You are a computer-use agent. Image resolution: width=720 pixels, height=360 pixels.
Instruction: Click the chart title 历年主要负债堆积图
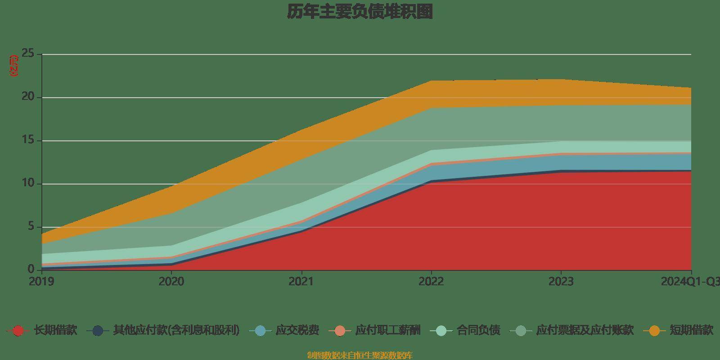[360, 12]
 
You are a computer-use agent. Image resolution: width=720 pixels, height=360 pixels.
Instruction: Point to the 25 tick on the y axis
[28, 54]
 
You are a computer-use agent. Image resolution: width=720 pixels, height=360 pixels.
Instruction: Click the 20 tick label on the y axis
[28, 97]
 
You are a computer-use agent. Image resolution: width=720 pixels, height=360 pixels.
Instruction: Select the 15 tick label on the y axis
[28, 140]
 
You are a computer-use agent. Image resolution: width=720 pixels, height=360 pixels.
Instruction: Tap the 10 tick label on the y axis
[28, 184]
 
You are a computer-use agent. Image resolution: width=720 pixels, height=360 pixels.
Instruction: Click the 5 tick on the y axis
[31, 227]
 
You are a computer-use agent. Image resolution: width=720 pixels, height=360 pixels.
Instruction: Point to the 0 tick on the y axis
[31, 270]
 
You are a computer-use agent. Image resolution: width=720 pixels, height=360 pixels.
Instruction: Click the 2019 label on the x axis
[41, 282]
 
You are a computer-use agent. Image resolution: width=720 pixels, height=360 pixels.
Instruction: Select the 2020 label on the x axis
[171, 282]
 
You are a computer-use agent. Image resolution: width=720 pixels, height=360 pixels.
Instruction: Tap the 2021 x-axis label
[301, 282]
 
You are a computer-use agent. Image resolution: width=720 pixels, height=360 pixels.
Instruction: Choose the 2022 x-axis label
[431, 282]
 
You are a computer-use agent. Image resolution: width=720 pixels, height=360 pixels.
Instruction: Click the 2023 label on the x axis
[561, 282]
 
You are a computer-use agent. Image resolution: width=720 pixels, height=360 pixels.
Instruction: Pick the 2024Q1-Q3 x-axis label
[690, 282]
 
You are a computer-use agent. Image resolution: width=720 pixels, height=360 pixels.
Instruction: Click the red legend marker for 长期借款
[18, 331]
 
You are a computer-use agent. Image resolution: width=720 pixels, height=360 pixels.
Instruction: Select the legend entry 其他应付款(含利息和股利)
[175, 331]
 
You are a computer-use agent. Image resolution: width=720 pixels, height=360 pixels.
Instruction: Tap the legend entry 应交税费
[297, 331]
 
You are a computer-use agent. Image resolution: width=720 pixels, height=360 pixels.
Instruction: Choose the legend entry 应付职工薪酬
[387, 331]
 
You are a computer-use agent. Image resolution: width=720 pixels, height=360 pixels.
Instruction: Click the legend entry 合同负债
[478, 331]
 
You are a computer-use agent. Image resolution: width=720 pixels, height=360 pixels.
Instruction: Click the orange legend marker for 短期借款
[654, 331]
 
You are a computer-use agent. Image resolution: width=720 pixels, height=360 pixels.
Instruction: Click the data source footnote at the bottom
[360, 355]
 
